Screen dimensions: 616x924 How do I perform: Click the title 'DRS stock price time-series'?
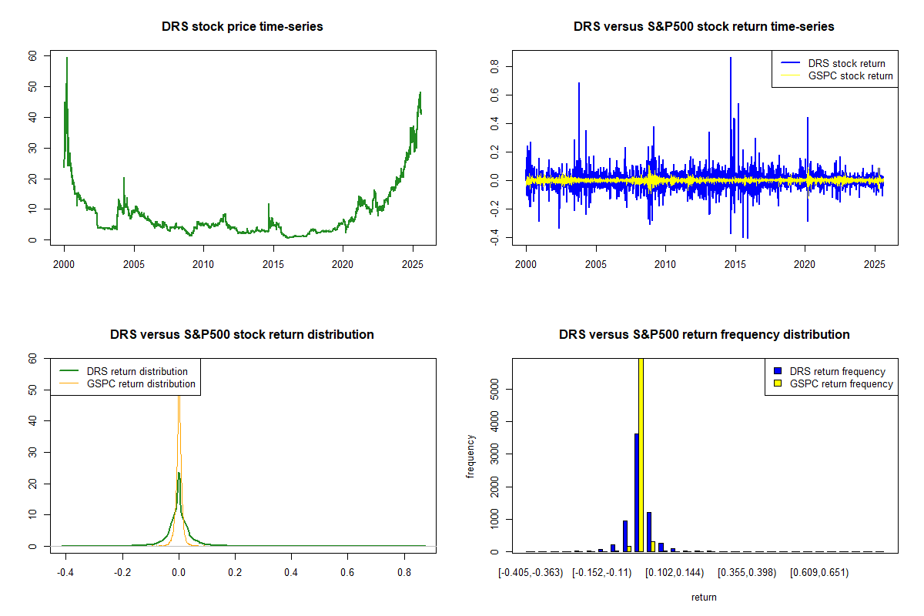pyautogui.click(x=242, y=27)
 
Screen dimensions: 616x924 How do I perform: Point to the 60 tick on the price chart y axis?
pyautogui.click(x=32, y=56)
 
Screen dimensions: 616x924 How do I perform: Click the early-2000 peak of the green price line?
pyautogui.click(x=67, y=59)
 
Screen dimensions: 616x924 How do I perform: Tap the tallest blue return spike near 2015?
pyautogui.click(x=731, y=59)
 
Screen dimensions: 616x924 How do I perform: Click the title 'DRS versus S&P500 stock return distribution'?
pyautogui.click(x=242, y=335)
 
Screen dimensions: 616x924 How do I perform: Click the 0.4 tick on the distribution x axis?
pyautogui.click(x=291, y=573)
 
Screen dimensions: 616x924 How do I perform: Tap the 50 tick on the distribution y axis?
pyautogui.click(x=32, y=390)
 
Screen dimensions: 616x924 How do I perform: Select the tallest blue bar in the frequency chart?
pyautogui.click(x=636, y=493)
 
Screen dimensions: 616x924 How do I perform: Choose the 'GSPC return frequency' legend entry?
pyautogui.click(x=842, y=383)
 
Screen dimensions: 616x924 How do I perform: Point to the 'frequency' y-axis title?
pyautogui.click(x=470, y=456)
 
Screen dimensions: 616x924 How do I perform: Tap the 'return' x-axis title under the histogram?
pyautogui.click(x=704, y=597)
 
